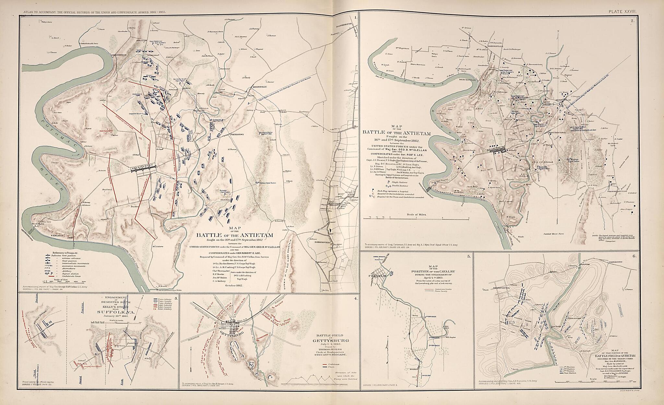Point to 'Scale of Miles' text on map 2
(x=417, y=214)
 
